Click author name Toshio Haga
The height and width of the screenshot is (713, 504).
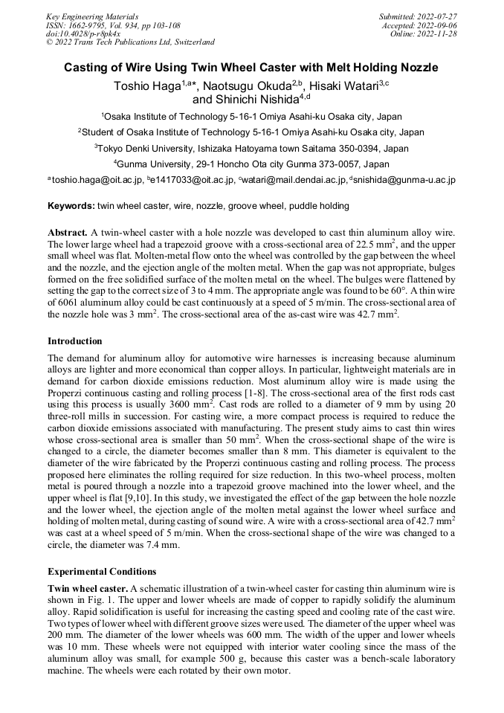146,86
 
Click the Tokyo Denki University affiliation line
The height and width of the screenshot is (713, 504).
251,148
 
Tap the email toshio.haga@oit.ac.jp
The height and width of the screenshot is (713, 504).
97,180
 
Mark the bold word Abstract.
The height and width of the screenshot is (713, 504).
68,233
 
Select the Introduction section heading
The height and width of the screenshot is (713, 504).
75,341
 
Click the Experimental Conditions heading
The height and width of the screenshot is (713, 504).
102,572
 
